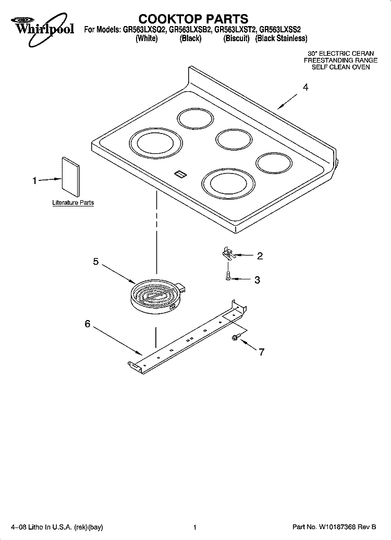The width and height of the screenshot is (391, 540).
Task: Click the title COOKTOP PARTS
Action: pyautogui.click(x=193, y=18)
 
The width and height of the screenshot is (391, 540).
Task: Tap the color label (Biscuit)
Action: pyautogui.click(x=236, y=39)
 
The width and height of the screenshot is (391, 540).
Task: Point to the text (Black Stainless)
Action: pyautogui.click(x=281, y=39)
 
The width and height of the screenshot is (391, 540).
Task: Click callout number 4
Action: pyautogui.click(x=306, y=88)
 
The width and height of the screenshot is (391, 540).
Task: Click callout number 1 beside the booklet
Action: pyautogui.click(x=34, y=180)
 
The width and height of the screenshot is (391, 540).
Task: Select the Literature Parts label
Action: pyautogui.click(x=73, y=202)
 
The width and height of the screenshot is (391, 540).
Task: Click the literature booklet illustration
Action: pyautogui.click(x=71, y=178)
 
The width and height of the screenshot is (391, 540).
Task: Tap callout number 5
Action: pyautogui.click(x=96, y=261)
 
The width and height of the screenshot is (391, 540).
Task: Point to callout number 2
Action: pyautogui.click(x=260, y=255)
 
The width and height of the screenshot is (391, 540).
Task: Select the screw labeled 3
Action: pyautogui.click(x=228, y=276)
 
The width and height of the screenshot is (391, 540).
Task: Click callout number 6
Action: pyautogui.click(x=88, y=324)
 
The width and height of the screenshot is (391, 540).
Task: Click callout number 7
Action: pyautogui.click(x=262, y=352)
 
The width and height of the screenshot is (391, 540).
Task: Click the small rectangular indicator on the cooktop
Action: pyautogui.click(x=179, y=174)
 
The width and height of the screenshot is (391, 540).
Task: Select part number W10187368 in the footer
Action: pyautogui.click(x=342, y=527)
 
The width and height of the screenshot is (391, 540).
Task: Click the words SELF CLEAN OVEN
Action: pyautogui.click(x=341, y=67)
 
